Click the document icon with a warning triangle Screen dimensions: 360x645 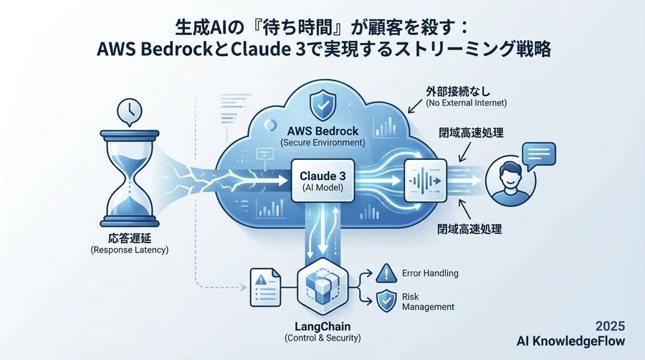tap(265, 286)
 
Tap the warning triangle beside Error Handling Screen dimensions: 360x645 tap(385, 273)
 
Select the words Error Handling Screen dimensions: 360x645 tap(431, 273)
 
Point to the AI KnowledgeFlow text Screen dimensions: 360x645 tap(573, 340)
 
